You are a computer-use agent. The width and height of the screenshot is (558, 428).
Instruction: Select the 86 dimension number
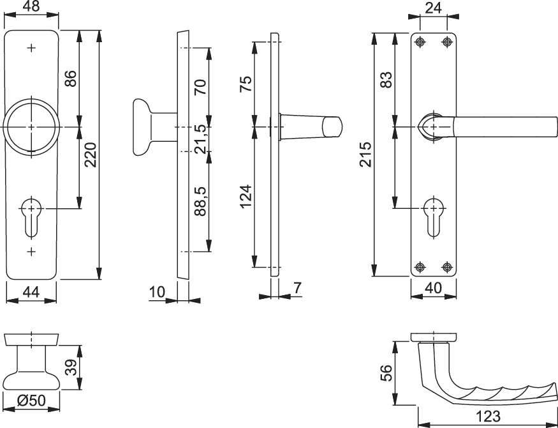(70, 79)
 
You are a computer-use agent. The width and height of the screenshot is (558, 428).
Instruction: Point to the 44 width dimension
(31, 292)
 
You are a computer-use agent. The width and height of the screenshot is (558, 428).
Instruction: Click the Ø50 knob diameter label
(31, 401)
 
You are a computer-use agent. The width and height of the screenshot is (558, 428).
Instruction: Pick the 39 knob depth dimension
(71, 367)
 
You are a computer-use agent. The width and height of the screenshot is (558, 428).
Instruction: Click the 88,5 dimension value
(201, 201)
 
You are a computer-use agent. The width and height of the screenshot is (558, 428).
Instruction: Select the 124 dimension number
(246, 197)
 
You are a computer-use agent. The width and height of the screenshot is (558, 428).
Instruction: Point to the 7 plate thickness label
(297, 288)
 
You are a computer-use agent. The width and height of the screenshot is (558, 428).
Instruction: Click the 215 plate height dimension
(365, 155)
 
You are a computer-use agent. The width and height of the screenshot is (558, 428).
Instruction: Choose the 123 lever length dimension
(488, 416)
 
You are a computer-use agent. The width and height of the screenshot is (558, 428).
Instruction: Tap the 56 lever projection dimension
(386, 373)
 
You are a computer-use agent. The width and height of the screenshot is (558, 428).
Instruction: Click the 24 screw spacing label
(434, 8)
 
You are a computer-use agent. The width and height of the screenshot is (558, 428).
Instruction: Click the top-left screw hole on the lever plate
(420, 42)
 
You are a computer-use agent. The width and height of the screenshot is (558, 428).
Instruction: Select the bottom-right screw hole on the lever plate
(447, 266)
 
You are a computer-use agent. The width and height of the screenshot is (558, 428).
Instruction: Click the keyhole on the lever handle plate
(434, 217)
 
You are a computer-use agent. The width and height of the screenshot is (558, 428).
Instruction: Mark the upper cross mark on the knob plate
(31, 48)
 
